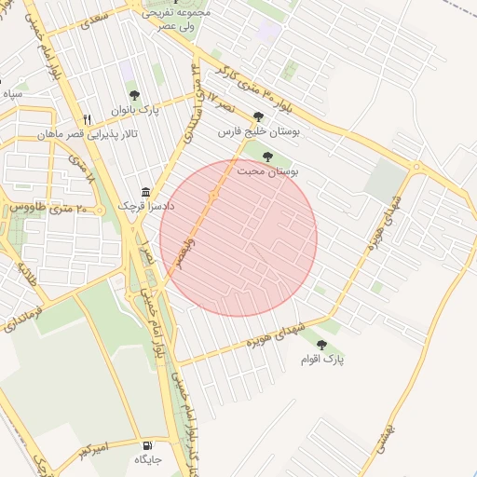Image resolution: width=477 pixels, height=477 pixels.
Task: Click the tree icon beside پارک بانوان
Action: click(133, 94)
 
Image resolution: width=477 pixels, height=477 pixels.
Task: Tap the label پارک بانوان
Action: click(136, 111)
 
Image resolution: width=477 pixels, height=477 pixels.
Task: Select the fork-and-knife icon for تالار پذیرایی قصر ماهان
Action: click(88, 119)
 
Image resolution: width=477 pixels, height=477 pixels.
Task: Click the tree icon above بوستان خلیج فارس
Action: click(258, 116)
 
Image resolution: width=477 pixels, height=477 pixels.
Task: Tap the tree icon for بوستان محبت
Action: click(267, 157)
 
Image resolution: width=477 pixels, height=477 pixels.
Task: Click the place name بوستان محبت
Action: click(266, 172)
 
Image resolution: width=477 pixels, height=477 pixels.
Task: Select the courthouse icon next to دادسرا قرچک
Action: click(144, 189)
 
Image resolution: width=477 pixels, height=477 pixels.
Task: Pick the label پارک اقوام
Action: click(322, 360)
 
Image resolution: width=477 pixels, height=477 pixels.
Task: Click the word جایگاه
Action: click(148, 459)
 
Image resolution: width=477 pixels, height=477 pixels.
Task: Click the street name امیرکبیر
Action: click(93, 450)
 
